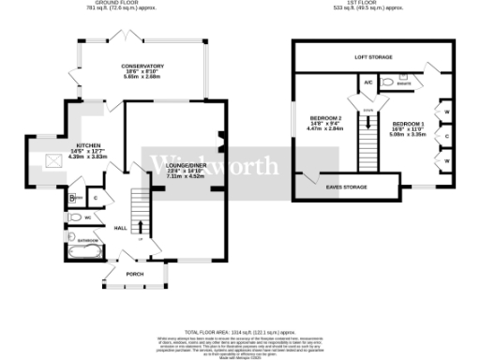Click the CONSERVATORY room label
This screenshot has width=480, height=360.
click(x=142, y=67)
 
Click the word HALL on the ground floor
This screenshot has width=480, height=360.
click(x=120, y=228)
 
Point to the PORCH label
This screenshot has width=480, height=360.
click(x=134, y=273)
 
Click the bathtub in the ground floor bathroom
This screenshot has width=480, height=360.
click(x=87, y=251)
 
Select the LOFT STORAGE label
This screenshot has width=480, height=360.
click(x=372, y=57)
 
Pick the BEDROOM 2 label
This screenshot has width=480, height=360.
click(x=324, y=118)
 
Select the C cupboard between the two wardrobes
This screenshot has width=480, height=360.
click(x=446, y=136)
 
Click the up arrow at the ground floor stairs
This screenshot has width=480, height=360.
click(x=141, y=226)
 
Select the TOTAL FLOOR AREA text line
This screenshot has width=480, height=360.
click(x=241, y=333)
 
